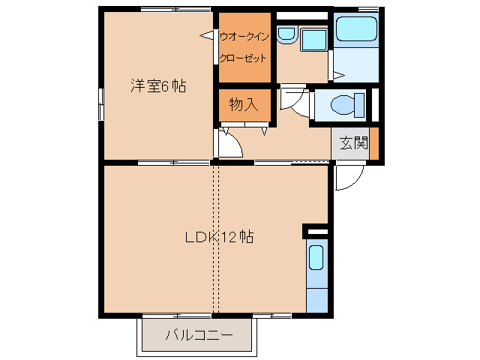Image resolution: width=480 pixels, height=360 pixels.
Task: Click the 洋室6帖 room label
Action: tap(158, 85)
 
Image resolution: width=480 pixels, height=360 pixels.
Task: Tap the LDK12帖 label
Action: tap(219, 238)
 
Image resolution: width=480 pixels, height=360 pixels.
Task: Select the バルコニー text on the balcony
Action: tap(199, 334)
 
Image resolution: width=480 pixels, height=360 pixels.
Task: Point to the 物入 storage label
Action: tap(244, 105)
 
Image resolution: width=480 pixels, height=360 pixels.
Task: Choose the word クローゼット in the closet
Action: tap(244, 57)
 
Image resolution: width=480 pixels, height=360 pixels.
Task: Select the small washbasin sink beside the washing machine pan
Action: tap(286, 34)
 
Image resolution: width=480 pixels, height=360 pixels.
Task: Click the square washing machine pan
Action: tap(313, 40)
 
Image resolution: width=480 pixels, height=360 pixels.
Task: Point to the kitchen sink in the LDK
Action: tap(316, 258)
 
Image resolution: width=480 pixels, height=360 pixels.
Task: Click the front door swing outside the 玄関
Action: tap(349, 178)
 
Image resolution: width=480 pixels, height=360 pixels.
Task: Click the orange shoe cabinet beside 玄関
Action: tap(374, 143)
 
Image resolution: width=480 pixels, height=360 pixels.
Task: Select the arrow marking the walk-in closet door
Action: tap(207, 34)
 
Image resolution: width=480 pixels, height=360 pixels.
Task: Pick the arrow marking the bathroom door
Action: tap(337, 74)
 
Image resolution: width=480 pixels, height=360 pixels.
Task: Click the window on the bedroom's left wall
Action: tap(100, 103)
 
